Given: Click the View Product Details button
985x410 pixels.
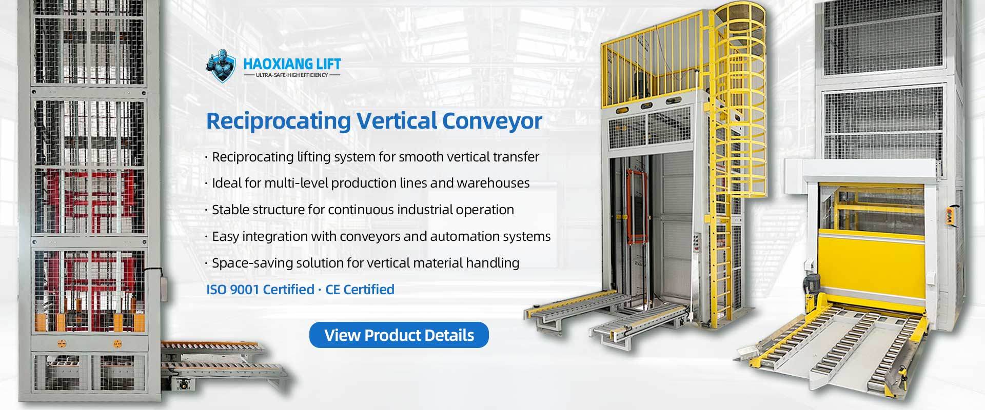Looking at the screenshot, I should pyautogui.click(x=399, y=335).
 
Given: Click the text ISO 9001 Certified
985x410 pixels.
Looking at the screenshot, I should pyautogui.click(x=260, y=290).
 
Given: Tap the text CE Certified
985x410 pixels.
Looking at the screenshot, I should pyautogui.click(x=360, y=290).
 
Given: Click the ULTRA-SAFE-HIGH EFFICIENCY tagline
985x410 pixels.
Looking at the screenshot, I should pyautogui.click(x=292, y=75).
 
